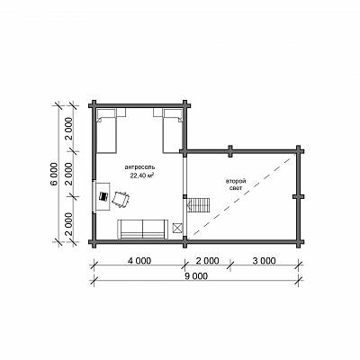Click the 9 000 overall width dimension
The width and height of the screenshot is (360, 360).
pyautogui.click(x=196, y=276)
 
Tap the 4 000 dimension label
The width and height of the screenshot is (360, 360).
pyautogui.click(x=139, y=261)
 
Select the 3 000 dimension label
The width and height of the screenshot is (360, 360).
pyautogui.click(x=264, y=261)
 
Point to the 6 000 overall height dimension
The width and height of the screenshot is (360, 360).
pyautogui.click(x=54, y=175)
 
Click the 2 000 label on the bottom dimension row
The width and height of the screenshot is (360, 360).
pyautogui.click(x=207, y=261)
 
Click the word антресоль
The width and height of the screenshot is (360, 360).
pyautogui.click(x=140, y=167)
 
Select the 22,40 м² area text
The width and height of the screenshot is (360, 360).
pyautogui.click(x=142, y=175)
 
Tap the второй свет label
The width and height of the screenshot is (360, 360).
pyautogui.click(x=236, y=184)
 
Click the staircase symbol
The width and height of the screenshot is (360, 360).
pyautogui.click(x=198, y=205)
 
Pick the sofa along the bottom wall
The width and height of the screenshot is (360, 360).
pyautogui.click(x=142, y=229)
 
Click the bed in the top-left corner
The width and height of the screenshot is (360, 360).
pyautogui.click(x=106, y=130)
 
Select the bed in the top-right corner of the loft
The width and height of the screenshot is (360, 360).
pyautogui.click(x=173, y=130)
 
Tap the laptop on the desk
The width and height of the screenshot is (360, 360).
pyautogui.click(x=103, y=197)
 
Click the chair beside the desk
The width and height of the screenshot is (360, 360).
pyautogui.click(x=121, y=199)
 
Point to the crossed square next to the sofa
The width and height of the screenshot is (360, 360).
pyautogui.click(x=177, y=228)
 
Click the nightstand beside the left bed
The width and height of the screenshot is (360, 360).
pyautogui.click(x=121, y=112)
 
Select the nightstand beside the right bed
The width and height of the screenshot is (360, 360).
pyautogui.click(x=157, y=112)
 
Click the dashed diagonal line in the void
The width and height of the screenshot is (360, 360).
pyautogui.click(x=242, y=195)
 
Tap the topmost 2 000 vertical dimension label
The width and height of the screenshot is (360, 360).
pyautogui.click(x=69, y=130)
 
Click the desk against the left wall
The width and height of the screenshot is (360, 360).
pyautogui.click(x=103, y=197)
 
